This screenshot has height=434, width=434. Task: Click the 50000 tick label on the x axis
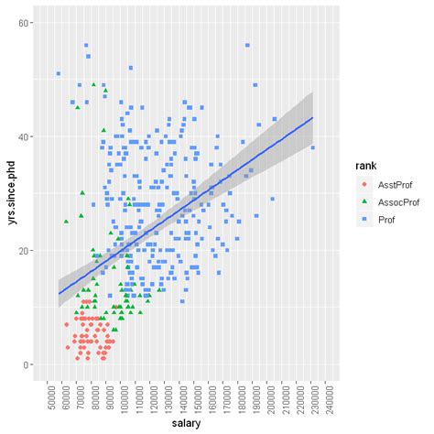coord(50,401)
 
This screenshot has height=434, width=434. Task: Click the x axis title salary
coord(187,426)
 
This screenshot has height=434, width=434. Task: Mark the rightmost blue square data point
coord(313,147)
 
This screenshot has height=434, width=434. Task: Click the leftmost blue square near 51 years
coord(59,73)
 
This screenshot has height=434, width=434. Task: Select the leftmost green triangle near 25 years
coord(66,222)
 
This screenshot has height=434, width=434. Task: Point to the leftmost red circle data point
coord(66,325)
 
